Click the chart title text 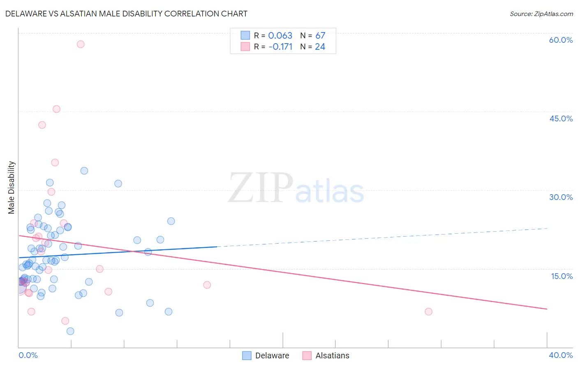tap(126, 14)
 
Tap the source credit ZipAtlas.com tap(541, 14)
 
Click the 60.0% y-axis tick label tap(561, 40)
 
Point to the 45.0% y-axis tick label tap(561, 118)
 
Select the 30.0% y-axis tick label tap(561, 197)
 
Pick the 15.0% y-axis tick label tap(562, 276)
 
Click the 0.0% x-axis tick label tap(28, 355)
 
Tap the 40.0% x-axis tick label tap(561, 355)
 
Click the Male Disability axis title tap(12, 188)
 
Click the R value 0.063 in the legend tap(280, 36)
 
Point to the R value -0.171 tap(280, 47)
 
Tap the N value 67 tap(320, 36)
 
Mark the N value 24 tap(320, 47)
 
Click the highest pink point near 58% tap(81, 44)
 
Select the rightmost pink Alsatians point tap(428, 311)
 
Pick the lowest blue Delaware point tap(70, 331)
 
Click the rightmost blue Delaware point tap(171, 221)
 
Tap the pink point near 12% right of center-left tap(207, 285)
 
